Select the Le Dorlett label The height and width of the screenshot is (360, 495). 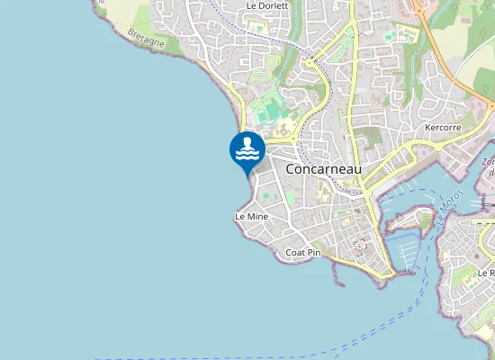(x=267, y=5)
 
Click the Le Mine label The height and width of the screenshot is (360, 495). (x=251, y=217)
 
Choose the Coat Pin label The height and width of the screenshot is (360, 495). (x=302, y=253)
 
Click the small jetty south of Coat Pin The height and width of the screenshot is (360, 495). (x=338, y=274)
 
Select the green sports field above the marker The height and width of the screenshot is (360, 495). (x=267, y=112)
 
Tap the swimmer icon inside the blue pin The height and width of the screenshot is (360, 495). (x=247, y=143)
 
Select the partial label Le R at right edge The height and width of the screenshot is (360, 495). (x=486, y=272)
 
